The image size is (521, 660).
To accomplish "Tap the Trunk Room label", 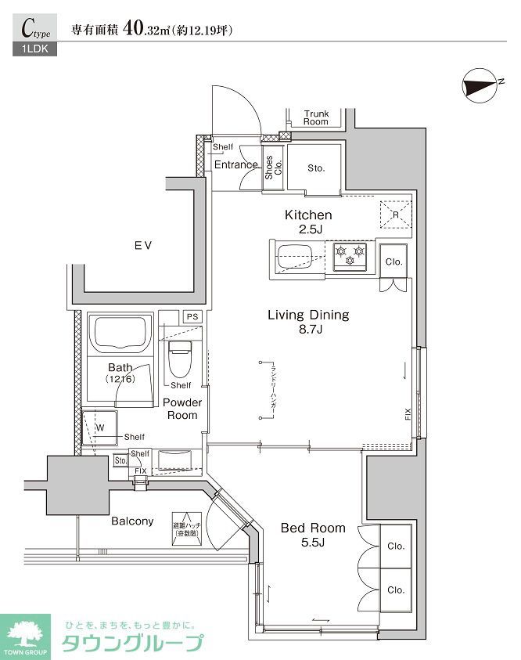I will click(x=316, y=118).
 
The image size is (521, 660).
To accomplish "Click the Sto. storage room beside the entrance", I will click(x=314, y=168).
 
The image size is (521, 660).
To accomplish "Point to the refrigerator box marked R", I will click(x=395, y=214).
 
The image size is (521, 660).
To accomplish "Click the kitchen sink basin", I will click(x=298, y=257).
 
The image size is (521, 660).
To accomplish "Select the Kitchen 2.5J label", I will click(x=308, y=221).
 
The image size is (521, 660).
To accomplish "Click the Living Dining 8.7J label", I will click(x=308, y=322).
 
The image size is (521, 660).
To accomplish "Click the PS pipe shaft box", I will click(x=192, y=316).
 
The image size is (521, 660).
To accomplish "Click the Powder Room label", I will click(x=182, y=408).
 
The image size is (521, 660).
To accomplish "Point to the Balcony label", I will click(x=131, y=521).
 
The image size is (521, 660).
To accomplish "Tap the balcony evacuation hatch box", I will click(x=185, y=524).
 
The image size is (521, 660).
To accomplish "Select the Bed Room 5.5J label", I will click(x=313, y=535).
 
